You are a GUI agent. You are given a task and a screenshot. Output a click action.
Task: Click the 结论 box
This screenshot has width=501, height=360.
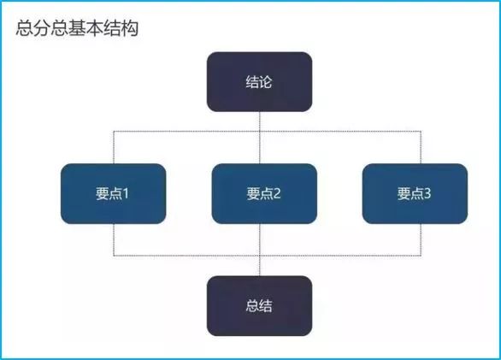tap(259, 82)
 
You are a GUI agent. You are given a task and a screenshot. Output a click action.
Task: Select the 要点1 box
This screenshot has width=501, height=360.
tap(114, 194)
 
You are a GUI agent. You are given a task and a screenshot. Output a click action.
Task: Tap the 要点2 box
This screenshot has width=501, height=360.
tap(264, 194)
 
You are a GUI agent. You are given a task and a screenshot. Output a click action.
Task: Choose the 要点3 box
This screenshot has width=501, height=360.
tap(415, 194)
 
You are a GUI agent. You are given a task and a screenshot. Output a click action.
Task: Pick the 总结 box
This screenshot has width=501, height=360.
tap(259, 306)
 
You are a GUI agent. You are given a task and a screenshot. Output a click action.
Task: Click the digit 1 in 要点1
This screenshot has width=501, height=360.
tap(125, 193)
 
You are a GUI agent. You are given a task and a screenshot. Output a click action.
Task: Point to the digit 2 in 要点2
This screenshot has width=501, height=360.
tap(277, 193)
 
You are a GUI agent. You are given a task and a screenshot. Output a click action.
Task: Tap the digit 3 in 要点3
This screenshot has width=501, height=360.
tap(427, 193)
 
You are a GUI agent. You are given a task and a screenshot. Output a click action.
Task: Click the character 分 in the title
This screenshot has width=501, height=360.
tap(43, 28)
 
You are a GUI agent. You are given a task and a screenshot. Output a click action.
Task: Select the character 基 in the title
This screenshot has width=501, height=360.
tap(77, 28)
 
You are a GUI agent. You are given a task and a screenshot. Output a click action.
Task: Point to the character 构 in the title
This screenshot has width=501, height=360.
tap(129, 28)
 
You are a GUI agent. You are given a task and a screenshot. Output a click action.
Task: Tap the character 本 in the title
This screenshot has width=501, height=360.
tap(95, 28)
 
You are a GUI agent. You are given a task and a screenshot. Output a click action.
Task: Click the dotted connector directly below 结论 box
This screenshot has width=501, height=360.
tap(260, 138)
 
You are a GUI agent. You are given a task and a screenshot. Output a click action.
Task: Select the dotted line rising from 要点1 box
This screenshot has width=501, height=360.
tap(114, 147)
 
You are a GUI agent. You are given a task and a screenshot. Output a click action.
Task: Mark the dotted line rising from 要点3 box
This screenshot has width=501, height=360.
tap(421, 147)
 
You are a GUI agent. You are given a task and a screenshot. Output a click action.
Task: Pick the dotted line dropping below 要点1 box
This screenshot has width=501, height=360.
tap(114, 239)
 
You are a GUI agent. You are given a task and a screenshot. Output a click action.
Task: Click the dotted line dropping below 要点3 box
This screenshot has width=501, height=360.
tap(421, 239)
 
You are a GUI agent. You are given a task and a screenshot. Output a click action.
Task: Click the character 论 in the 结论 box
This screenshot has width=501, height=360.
tap(266, 82)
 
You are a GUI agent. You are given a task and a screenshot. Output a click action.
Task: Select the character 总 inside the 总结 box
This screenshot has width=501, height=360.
tap(252, 306)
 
